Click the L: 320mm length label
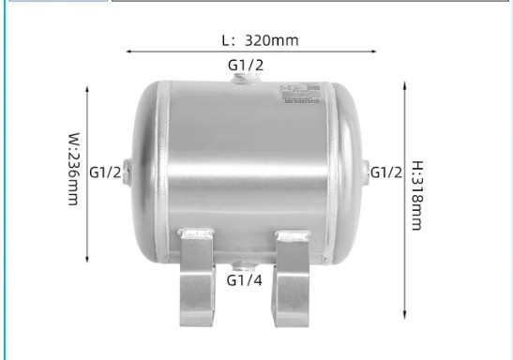tap(260, 40)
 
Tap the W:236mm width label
tap(73, 169)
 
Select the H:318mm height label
tap(416, 195)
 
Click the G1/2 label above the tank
tap(246, 66)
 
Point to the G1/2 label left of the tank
tap(105, 172)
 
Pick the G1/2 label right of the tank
tap(386, 172)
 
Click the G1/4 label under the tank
tap(245, 280)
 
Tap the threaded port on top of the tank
tap(244, 79)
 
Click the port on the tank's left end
tap(127, 172)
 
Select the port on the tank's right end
tap(365, 171)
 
